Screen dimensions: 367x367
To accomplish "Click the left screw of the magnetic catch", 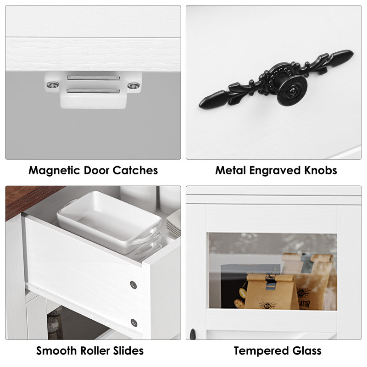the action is click(x=52, y=85).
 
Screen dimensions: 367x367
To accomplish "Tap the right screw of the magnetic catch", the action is click(x=133, y=86).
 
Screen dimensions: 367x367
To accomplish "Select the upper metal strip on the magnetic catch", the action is click(x=94, y=78).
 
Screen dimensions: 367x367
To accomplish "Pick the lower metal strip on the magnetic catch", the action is click(x=94, y=90).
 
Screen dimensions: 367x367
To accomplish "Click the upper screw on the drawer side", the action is click(x=133, y=285).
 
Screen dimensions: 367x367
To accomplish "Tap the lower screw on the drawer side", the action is click(x=133, y=323).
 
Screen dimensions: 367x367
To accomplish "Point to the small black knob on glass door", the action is click(x=193, y=334).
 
